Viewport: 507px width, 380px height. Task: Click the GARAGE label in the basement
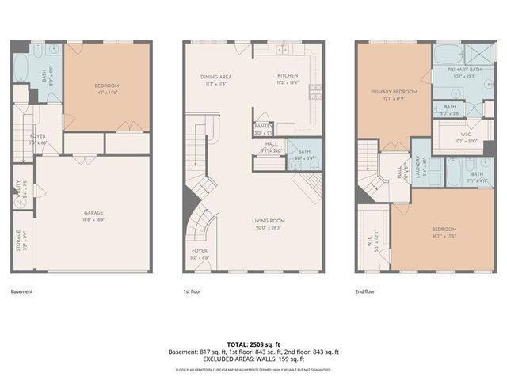click(x=94, y=212)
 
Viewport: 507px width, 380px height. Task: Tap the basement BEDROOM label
click(x=107, y=85)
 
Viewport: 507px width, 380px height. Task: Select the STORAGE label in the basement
click(x=17, y=240)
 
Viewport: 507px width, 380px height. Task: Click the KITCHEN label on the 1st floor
click(x=287, y=76)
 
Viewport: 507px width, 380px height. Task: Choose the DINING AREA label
click(x=215, y=76)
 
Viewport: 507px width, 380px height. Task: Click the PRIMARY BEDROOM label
click(x=394, y=92)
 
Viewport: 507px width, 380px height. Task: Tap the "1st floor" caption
click(x=193, y=291)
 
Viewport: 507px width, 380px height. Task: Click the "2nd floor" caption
click(x=365, y=291)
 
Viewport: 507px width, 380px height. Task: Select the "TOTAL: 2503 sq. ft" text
click(x=253, y=344)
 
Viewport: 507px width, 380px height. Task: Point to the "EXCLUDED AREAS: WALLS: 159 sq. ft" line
click(x=253, y=359)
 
